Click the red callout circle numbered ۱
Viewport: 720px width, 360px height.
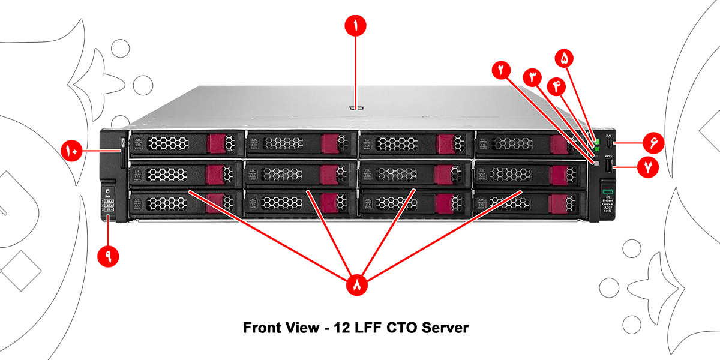[x=355, y=26]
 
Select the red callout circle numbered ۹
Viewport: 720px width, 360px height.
[x=109, y=255]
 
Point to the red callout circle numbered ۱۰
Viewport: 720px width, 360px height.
[x=71, y=150]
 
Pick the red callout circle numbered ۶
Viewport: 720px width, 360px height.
[x=653, y=143]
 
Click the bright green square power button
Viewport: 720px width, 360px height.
[x=598, y=142]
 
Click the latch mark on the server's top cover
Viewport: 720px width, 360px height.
[x=355, y=109]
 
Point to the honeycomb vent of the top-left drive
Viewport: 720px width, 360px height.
[x=169, y=143]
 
